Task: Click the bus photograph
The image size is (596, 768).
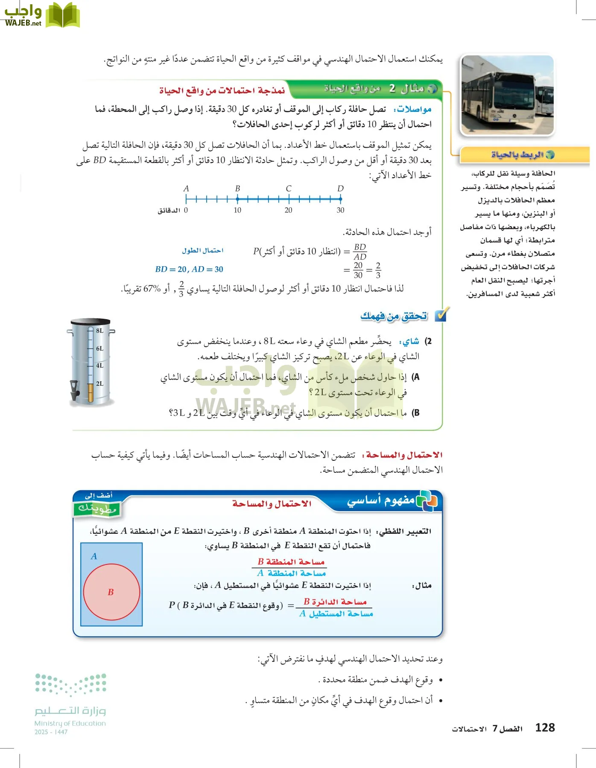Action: tap(507, 95)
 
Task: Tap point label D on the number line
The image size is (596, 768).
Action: tap(340, 189)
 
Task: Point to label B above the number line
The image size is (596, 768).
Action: tap(237, 189)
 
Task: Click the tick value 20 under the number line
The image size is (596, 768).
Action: tap(289, 210)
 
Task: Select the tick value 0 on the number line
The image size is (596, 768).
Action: tap(186, 210)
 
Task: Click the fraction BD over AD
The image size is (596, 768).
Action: tap(360, 252)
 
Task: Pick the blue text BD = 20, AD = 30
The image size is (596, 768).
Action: tap(189, 269)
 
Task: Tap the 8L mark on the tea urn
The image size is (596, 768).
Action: tap(99, 331)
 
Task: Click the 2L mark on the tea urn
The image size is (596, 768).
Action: tap(99, 384)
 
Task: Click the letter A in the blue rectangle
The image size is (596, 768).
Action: tap(94, 556)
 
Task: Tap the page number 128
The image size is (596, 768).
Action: tap(545, 728)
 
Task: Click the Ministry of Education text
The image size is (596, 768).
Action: tap(70, 723)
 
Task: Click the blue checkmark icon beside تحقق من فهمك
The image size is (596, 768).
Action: tap(440, 315)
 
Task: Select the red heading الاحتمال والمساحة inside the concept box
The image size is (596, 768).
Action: tap(272, 504)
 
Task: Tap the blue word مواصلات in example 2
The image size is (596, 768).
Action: tap(415, 109)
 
